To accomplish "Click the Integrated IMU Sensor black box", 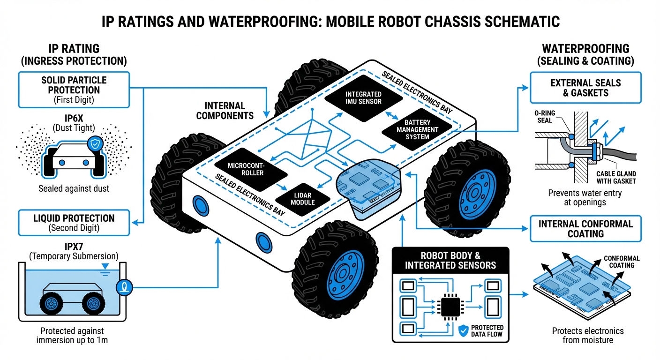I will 363,98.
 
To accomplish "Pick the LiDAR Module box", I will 303,198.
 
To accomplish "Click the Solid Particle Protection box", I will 74,89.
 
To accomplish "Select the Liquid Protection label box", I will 74,222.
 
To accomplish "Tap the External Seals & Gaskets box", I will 585,88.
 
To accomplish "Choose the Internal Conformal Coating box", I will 585,229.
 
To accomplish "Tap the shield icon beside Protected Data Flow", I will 463,331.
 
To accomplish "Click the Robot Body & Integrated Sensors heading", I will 450,261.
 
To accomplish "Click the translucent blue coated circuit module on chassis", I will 368,185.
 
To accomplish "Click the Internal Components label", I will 225,111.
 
